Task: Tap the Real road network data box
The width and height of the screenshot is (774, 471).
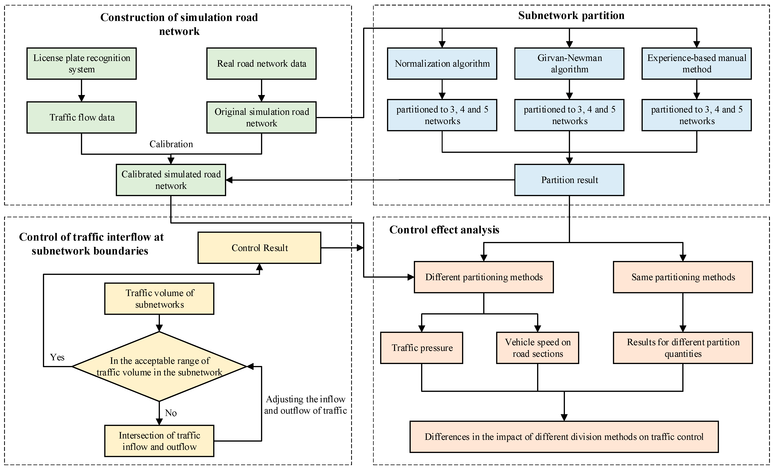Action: tap(261, 63)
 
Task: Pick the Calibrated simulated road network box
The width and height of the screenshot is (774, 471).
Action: tap(171, 180)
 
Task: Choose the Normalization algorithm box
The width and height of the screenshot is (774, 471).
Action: tap(442, 63)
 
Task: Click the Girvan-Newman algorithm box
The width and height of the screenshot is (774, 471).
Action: tap(569, 63)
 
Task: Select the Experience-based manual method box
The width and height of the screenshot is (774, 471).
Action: tap(696, 63)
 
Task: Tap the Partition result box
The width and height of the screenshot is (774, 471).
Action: tap(569, 180)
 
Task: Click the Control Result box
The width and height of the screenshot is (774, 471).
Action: tap(259, 248)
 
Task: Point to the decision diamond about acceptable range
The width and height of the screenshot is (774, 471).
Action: tap(159, 366)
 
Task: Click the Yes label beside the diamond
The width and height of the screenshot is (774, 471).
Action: tap(57, 357)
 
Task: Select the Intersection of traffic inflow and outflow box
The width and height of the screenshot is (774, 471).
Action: tap(159, 441)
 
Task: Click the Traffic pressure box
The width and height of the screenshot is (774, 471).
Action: tap(421, 348)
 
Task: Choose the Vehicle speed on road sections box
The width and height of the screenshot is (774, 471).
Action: tap(537, 348)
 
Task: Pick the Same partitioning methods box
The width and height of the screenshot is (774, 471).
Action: tap(683, 277)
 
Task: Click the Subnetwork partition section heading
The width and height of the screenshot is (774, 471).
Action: tap(571, 15)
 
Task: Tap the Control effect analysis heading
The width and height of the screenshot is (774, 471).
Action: tap(444, 230)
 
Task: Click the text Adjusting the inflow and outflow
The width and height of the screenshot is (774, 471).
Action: tap(305, 405)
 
